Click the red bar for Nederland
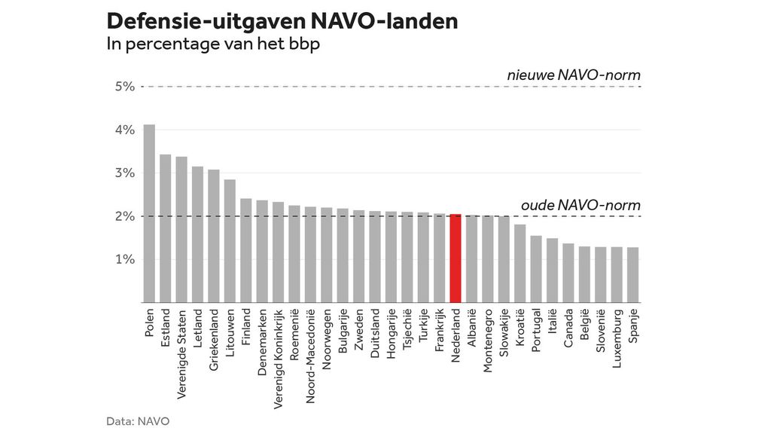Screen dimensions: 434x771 coord(455,258)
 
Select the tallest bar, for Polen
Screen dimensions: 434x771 coord(149,213)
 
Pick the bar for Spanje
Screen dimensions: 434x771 coord(632,275)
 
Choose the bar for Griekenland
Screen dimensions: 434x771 coord(214,236)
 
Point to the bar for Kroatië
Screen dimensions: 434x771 coord(520,264)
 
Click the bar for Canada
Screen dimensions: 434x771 coord(568,273)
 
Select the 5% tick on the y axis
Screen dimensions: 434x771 coord(124,87)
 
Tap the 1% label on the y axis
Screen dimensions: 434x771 coord(124,260)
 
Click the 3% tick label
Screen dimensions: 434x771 coord(124,173)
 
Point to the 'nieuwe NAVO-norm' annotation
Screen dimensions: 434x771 coord(573,75)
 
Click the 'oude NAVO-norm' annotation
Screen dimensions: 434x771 coord(581,205)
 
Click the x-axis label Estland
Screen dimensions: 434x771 coord(166,325)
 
